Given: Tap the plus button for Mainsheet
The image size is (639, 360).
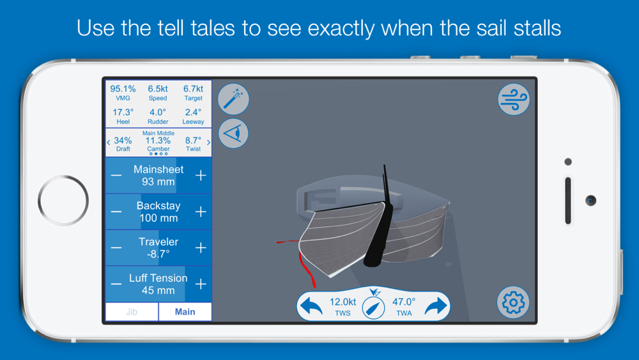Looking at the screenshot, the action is click(x=201, y=175).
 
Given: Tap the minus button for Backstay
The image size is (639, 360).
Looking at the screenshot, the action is click(x=116, y=212).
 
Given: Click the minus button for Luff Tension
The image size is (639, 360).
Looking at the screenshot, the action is click(x=116, y=284).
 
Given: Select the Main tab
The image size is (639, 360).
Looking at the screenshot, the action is click(x=185, y=312).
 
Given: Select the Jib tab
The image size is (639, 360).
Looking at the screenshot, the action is click(x=132, y=312).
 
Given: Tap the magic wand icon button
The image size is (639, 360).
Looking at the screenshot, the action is click(x=233, y=99).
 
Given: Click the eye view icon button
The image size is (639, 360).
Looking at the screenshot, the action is click(x=233, y=133).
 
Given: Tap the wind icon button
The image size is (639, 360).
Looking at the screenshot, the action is click(x=514, y=99).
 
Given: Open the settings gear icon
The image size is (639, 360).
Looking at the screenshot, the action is click(x=513, y=302).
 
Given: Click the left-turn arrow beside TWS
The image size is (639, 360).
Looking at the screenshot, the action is click(x=311, y=306).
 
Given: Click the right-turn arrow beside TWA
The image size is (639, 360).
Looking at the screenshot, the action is click(x=436, y=306).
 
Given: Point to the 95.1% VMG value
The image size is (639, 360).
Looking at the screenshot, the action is click(x=123, y=89).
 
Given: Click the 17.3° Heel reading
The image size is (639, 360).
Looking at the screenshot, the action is click(x=123, y=112).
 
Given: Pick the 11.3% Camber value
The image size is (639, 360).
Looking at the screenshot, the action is click(x=158, y=141).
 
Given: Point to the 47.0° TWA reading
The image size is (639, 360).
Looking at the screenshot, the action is click(x=404, y=302).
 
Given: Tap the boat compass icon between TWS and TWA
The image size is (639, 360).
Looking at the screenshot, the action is click(x=373, y=308).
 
